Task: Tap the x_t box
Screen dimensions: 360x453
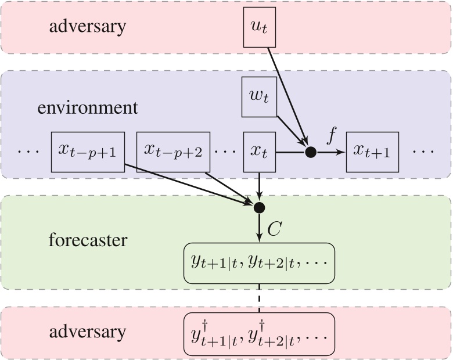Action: (260, 152)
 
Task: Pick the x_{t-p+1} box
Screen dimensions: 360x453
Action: (87, 152)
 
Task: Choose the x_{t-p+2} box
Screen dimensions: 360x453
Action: (173, 152)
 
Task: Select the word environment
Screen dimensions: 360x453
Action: (88, 109)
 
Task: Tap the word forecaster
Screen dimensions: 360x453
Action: (87, 239)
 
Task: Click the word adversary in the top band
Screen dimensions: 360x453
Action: (87, 27)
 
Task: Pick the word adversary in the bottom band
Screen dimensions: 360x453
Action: (87, 332)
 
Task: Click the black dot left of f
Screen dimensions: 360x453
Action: (311, 153)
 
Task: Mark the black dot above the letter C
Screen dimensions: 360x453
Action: (260, 207)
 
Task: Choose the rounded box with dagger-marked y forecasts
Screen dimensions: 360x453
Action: (260, 333)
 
